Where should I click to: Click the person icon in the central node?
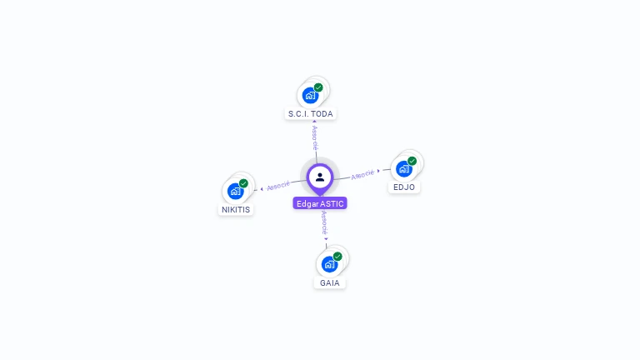pyautogui.click(x=320, y=177)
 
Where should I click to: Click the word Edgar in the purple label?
pyautogui.click(x=307, y=203)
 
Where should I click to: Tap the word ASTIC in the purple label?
pyautogui.click(x=332, y=203)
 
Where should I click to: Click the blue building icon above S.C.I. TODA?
pyautogui.click(x=310, y=95)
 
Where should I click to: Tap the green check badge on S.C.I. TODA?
pyautogui.click(x=318, y=87)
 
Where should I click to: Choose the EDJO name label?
pyautogui.click(x=404, y=187)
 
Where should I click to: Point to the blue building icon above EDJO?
pyautogui.click(x=403, y=168)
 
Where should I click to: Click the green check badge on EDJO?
pyautogui.click(x=412, y=161)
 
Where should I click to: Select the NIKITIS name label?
pyautogui.click(x=236, y=209)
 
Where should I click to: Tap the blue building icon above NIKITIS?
pyautogui.click(x=235, y=191)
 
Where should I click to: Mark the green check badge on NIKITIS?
pyautogui.click(x=243, y=183)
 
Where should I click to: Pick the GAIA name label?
pyautogui.click(x=330, y=282)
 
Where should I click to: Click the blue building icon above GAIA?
pyautogui.click(x=329, y=264)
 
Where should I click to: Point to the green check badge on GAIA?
pyautogui.click(x=337, y=257)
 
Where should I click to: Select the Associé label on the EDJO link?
pyautogui.click(x=362, y=174)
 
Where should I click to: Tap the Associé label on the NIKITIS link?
pyautogui.click(x=278, y=185)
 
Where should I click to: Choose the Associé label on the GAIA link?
pyautogui.click(x=325, y=222)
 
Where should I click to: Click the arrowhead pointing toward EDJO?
pyautogui.click(x=379, y=171)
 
